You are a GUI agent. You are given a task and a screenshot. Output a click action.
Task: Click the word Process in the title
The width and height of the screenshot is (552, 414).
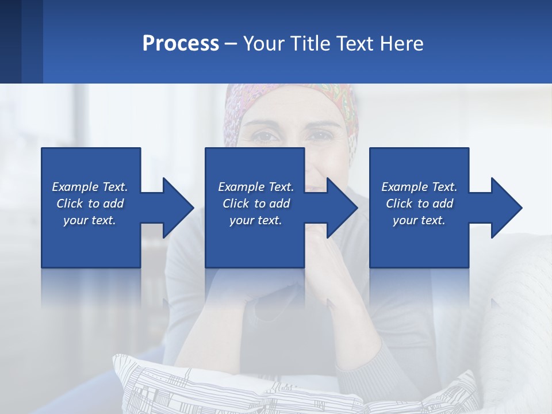point(181,44)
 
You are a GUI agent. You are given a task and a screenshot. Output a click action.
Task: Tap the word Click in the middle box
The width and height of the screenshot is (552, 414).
point(235,204)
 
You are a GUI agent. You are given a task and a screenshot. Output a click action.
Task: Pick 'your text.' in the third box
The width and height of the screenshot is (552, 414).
point(419,220)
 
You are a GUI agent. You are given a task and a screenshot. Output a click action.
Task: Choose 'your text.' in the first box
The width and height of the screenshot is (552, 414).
point(90,220)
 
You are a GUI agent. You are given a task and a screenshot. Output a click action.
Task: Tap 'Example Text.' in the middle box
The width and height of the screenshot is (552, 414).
point(256,187)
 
